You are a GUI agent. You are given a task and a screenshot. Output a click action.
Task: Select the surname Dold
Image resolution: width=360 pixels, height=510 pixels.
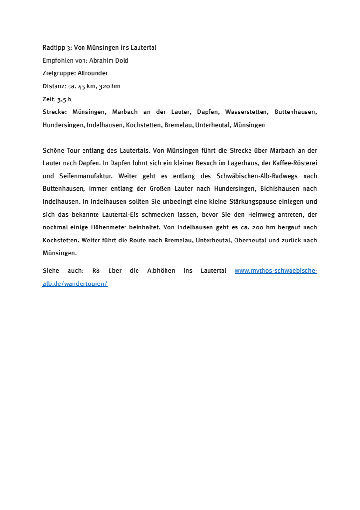click(x=122, y=61)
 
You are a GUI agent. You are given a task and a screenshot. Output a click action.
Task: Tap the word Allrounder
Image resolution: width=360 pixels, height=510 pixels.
click(x=93, y=73)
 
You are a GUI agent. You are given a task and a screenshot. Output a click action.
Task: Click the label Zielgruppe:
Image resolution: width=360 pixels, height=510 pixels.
click(x=59, y=73)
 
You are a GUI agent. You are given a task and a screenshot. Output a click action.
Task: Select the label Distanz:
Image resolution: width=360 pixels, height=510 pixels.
click(x=55, y=86)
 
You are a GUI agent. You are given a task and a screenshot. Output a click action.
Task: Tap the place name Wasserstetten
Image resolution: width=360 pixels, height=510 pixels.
click(x=246, y=112)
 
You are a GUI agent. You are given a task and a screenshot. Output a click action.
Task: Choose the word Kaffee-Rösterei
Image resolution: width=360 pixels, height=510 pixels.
click(x=294, y=163)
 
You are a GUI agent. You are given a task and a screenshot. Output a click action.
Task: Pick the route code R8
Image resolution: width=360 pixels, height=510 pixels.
click(x=96, y=271)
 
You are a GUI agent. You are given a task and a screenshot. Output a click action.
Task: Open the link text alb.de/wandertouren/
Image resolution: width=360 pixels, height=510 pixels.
click(x=75, y=284)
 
